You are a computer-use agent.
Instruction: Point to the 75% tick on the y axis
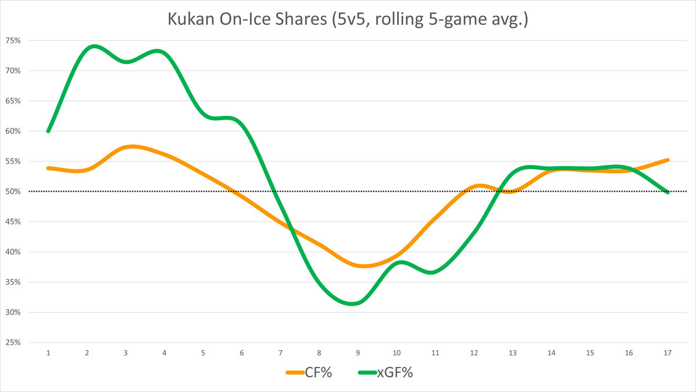(x=13, y=41)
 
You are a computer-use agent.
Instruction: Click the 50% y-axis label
(x=13, y=192)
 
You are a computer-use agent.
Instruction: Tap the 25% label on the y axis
(x=13, y=343)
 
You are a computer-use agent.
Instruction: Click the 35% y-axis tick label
(x=13, y=282)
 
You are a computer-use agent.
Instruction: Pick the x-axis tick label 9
(x=358, y=353)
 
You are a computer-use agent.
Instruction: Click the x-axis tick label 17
(x=668, y=353)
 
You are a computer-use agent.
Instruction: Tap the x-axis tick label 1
(x=48, y=353)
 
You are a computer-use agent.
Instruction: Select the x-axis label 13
(x=513, y=353)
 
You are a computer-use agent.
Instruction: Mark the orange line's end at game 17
(x=668, y=160)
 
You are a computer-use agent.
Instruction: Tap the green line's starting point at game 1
(x=48, y=131)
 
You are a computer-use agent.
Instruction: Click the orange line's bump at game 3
(x=131, y=146)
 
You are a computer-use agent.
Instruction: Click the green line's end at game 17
(x=668, y=192)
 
